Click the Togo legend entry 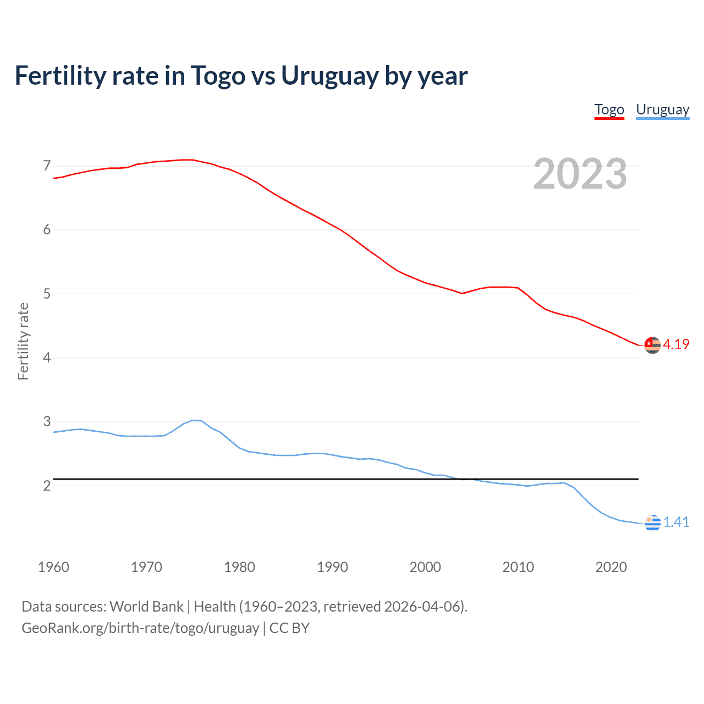tap(609, 110)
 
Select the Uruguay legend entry tap(662, 110)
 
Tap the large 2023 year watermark tap(580, 174)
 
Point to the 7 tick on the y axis tap(47, 166)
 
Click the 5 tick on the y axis tap(47, 294)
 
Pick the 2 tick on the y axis tap(47, 486)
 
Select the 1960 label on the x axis tap(53, 567)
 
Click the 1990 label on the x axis tap(332, 567)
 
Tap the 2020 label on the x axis tap(611, 567)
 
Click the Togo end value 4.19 tap(676, 344)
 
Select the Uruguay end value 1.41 tap(676, 522)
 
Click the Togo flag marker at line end tap(652, 345)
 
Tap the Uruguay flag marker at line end tap(652, 522)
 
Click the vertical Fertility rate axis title tap(23, 341)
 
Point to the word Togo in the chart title tap(218, 76)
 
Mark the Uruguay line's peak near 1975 tap(193, 420)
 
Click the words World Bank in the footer tap(146, 607)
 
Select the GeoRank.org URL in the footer tap(140, 628)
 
